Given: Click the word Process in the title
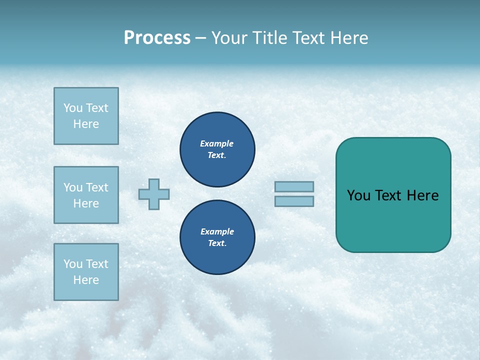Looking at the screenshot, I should [157, 38].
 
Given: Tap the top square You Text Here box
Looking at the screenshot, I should [86, 116].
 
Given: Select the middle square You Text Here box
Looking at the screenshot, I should [86, 195].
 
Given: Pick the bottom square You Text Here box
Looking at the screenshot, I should [86, 272].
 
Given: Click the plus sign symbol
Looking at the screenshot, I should [154, 194].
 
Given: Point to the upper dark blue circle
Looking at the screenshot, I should [217, 149].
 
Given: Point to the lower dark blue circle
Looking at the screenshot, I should [217, 237].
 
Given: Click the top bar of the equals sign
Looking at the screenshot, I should [294, 186].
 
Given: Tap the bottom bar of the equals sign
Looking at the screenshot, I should [294, 201].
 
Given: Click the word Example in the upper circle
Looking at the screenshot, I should [216, 143].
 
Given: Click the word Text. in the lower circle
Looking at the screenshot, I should [217, 243].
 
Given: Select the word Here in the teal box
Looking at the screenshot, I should [422, 195].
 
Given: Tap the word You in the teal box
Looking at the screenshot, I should [357, 195].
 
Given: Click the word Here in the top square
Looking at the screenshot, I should [86, 124].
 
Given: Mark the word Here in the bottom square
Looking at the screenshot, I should [86, 280].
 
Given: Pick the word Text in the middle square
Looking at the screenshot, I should [97, 187].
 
